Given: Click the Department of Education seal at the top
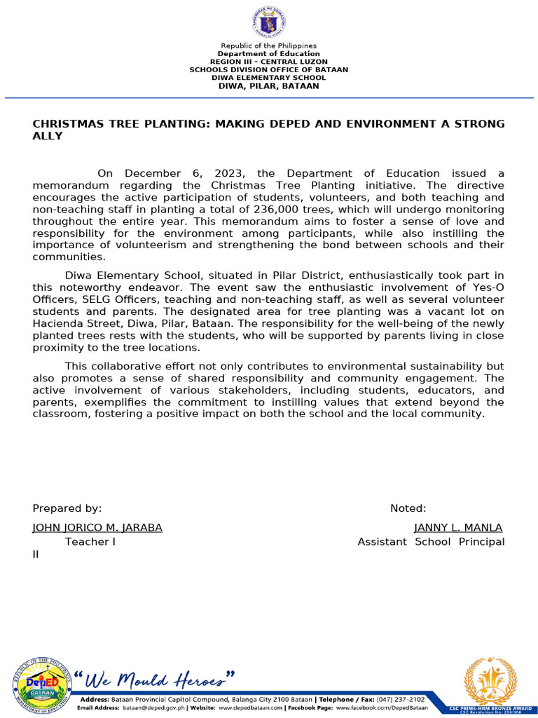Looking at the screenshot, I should coord(268,23).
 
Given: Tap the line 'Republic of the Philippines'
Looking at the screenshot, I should coord(268,46).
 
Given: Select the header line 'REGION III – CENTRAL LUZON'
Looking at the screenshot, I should coord(268,62).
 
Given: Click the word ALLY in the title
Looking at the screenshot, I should coord(48,136).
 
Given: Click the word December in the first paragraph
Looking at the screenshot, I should coord(153,173).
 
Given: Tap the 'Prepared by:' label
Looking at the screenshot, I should coord(67,508).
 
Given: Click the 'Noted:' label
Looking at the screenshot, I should coord(408,508).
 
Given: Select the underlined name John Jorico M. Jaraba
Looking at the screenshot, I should coord(97,527).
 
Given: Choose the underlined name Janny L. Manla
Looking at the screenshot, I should coord(458,527).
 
